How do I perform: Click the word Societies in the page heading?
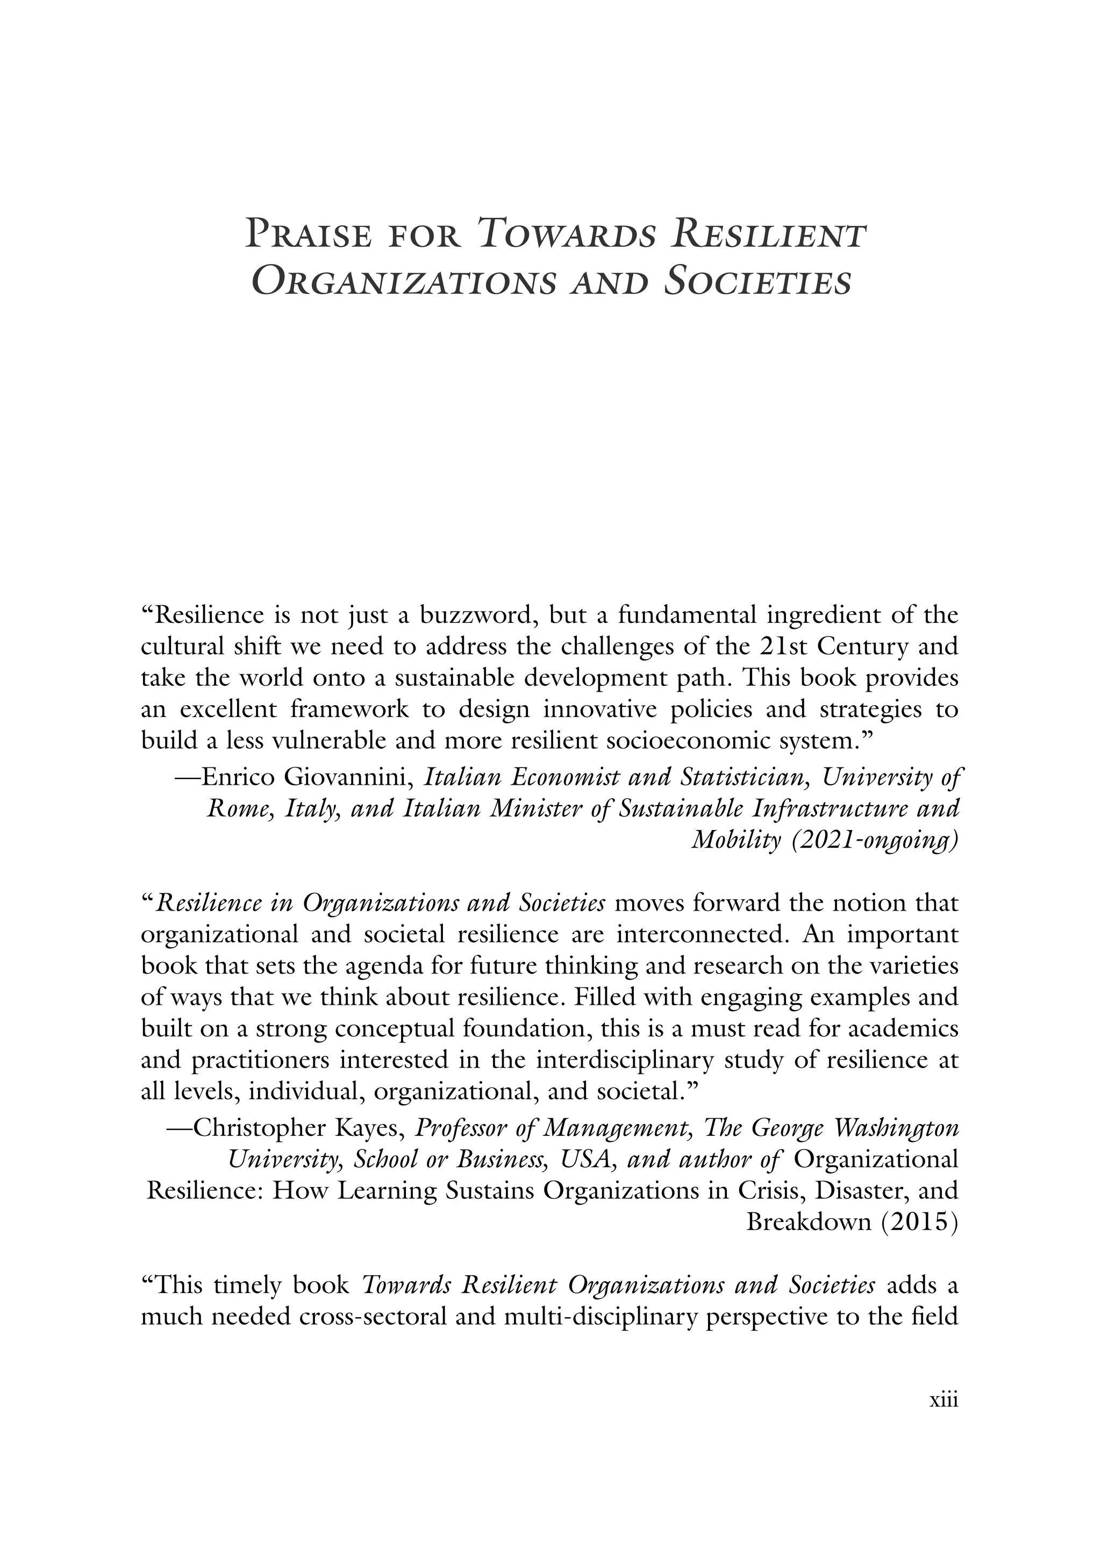tap(757, 282)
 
